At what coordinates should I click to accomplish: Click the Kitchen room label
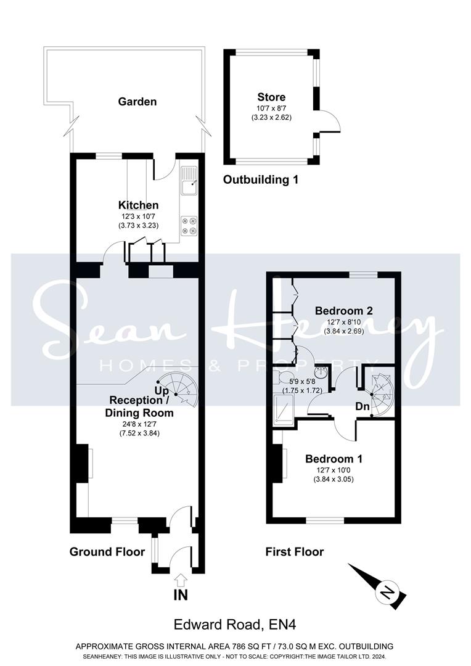pos(138,205)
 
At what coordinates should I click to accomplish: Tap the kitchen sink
pos(189,180)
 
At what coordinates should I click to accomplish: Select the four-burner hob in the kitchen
pos(189,226)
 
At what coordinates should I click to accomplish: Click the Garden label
pos(137,102)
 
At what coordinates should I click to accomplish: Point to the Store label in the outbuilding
pos(271,97)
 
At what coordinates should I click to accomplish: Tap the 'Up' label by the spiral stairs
pos(162,390)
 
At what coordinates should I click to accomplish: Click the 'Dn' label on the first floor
pos(362,406)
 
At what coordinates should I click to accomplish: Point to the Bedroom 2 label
pos(344,310)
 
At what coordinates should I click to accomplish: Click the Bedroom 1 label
pos(334,459)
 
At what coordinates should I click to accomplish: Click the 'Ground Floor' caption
pos(107,552)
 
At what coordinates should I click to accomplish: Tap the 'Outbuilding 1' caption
pos(261,179)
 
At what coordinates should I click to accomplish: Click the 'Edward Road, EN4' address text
pos(236,624)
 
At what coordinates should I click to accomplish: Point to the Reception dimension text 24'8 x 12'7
pos(139,424)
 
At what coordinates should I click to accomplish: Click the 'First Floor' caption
pos(295,552)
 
